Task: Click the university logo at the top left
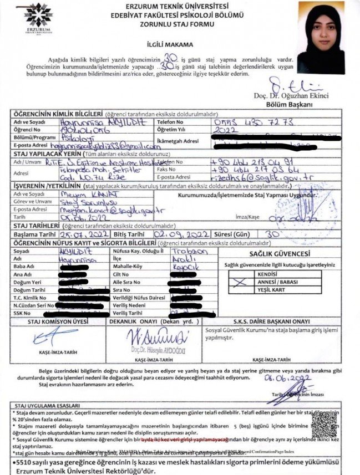point(39,18)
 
